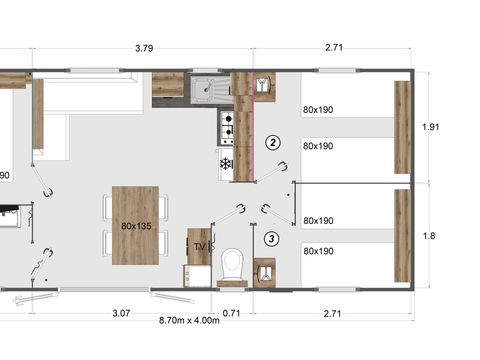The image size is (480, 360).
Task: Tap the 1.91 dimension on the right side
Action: pyautogui.click(x=431, y=127)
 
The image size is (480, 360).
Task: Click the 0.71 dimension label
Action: pyautogui.click(x=231, y=313)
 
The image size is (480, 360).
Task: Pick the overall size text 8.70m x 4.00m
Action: pyautogui.click(x=189, y=321)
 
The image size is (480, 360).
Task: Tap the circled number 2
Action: pyautogui.click(x=272, y=142)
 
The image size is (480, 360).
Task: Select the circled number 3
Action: pyautogui.click(x=272, y=239)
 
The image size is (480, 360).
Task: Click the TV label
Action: pyautogui.click(x=199, y=245)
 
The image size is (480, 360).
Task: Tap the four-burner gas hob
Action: pyautogui.click(x=226, y=126)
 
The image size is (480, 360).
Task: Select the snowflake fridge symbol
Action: pyautogui.click(x=226, y=162)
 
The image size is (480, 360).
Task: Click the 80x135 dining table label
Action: pyautogui.click(x=135, y=226)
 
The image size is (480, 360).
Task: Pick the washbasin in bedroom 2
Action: pyautogui.click(x=262, y=87)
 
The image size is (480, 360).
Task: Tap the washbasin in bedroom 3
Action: pyautogui.click(x=265, y=271)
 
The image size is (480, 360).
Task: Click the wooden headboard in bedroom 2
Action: pyautogui.click(x=402, y=127)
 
